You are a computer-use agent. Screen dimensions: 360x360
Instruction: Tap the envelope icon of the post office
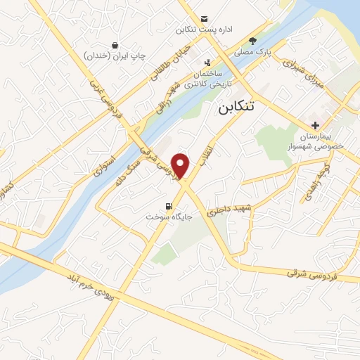(x=204, y=18)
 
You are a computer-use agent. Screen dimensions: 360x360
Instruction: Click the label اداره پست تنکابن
(x=204, y=30)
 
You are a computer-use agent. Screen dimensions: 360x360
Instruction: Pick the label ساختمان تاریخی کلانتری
(x=209, y=79)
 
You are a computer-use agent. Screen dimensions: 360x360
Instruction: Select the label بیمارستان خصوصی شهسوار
(x=321, y=141)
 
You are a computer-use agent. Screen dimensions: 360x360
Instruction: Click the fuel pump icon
(x=168, y=206)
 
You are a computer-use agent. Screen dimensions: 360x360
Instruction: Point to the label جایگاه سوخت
(x=168, y=217)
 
